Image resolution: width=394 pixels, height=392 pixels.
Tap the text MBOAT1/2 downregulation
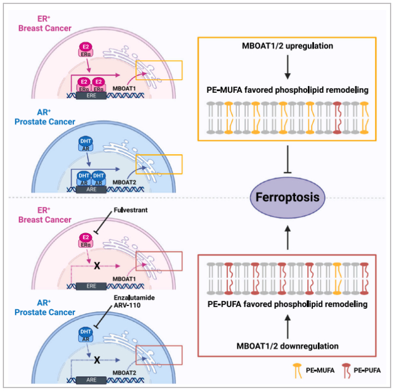coord(288,345)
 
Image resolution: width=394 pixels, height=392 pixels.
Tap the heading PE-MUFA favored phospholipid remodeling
coord(288,89)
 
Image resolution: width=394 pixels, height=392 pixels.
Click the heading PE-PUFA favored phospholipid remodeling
coord(288,304)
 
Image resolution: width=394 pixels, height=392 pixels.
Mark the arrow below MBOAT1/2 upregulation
coord(288,69)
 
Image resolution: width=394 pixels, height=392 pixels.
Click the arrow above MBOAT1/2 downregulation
coord(288,325)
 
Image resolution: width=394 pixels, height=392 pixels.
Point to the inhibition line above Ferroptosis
coord(288,161)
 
